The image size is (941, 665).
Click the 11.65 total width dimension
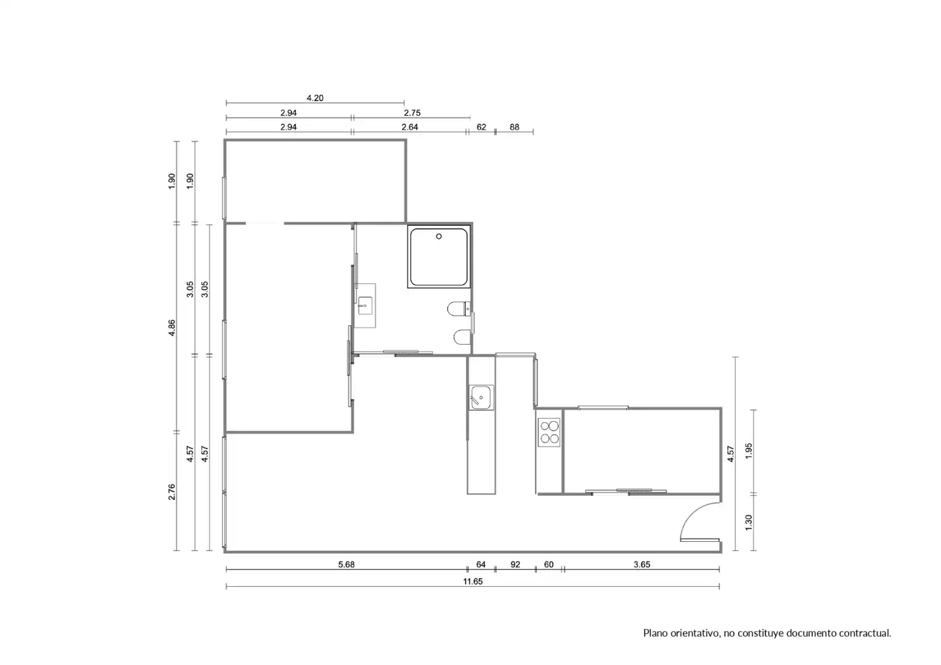[473, 581]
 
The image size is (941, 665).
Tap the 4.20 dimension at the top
[315, 98]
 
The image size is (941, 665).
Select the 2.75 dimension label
[412, 113]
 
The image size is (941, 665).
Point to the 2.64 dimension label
[410, 127]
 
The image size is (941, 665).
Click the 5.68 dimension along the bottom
[346, 564]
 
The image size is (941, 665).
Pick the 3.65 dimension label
[642, 564]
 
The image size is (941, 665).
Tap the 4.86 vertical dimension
[172, 328]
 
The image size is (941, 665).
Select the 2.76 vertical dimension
[172, 491]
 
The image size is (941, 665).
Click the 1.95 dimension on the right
[748, 451]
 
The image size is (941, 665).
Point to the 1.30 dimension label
[748, 522]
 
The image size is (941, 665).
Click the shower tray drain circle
[439, 236]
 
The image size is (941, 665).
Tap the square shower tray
[439, 257]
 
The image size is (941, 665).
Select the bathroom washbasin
[365, 305]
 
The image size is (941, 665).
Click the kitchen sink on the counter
[481, 397]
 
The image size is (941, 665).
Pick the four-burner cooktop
[550, 432]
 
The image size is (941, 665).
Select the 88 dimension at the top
[514, 127]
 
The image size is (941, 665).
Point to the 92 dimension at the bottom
[515, 564]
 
